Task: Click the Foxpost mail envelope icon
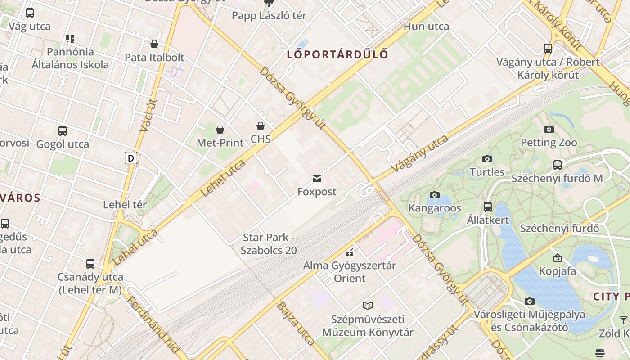tap(317, 179)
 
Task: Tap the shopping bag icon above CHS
tap(261, 126)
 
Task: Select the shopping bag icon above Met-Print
tap(220, 130)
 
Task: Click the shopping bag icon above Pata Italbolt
tap(154, 44)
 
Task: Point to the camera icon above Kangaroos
tap(434, 195)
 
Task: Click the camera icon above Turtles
tap(487, 159)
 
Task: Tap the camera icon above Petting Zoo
tap(549, 130)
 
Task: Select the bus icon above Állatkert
tap(488, 207)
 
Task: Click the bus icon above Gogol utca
tap(63, 131)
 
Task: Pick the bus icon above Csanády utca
tap(90, 264)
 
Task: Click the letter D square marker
tap(131, 158)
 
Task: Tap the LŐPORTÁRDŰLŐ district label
tap(337, 55)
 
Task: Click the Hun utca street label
tap(426, 27)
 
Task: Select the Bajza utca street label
tap(296, 324)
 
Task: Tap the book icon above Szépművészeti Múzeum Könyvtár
tap(368, 306)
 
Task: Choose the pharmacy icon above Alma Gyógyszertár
tap(349, 252)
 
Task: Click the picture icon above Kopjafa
tap(557, 258)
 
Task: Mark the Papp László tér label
tap(269, 16)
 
